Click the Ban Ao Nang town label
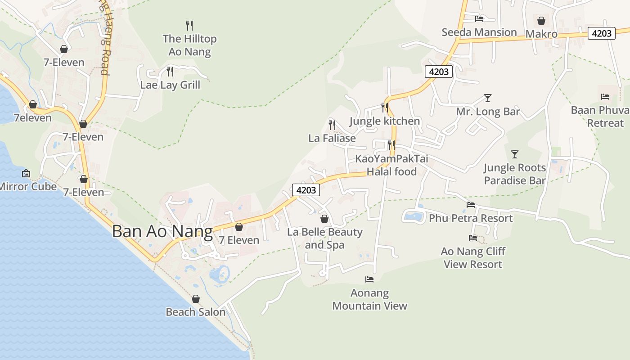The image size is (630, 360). [162, 231]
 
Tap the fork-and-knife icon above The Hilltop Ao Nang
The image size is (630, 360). [189, 25]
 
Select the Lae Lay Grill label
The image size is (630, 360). [170, 85]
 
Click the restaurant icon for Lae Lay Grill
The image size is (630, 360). [170, 71]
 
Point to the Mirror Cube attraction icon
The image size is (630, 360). [26, 173]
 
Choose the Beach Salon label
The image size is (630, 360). [195, 312]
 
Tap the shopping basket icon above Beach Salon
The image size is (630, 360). [195, 299]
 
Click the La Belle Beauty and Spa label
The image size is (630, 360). [324, 238]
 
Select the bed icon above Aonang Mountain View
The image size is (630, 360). [369, 279]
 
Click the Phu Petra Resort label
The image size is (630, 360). [471, 218]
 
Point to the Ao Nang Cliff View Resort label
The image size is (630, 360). [473, 257]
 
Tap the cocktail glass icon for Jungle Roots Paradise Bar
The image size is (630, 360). [515, 154]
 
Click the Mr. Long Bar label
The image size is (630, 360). [488, 112]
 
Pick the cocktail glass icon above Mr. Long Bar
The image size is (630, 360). [487, 98]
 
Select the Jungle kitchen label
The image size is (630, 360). [384, 121]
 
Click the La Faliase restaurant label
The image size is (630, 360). [332, 138]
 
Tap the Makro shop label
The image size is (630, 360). [541, 34]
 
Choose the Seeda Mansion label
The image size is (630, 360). [479, 32]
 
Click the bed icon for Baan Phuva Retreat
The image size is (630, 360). [605, 96]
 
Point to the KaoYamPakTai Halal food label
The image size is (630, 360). [391, 165]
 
